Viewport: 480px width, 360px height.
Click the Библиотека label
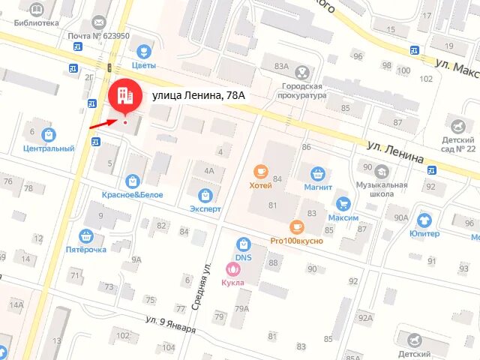[36, 22]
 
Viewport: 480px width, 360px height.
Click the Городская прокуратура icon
[301, 73]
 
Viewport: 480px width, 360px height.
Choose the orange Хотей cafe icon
[260, 172]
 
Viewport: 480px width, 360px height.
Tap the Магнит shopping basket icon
[319, 173]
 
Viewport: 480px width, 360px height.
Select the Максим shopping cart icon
[343, 203]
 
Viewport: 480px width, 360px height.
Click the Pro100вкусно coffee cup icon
[296, 226]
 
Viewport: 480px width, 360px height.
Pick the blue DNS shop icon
[242, 244]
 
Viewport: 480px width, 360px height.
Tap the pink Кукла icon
[232, 268]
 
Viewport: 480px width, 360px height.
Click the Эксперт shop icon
[205, 194]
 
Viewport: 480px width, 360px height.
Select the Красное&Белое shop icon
[133, 181]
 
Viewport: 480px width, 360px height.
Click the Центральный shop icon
[49, 135]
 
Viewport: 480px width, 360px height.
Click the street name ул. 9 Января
[171, 325]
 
